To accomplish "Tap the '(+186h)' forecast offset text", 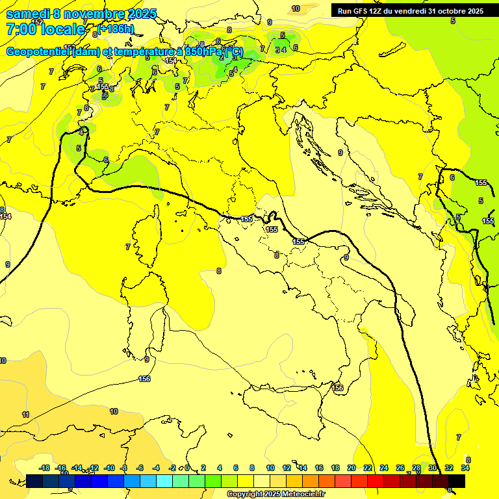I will pyautogui.click(x=116, y=29).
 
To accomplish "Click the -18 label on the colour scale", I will pyautogui.click(x=44, y=468).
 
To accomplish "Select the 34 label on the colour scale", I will pyautogui.click(x=465, y=468).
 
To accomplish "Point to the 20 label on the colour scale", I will pyautogui.click(x=352, y=468).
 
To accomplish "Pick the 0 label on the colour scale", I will pyautogui.click(x=187, y=468).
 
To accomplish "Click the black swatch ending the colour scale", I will pyautogui.click(x=457, y=481).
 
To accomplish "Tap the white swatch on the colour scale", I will pyautogui.click(x=262, y=481).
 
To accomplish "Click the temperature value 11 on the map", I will pyautogui.click(x=25, y=415).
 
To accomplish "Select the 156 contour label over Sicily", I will pyautogui.click(x=337, y=388).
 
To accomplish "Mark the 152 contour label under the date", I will pyautogui.click(x=37, y=22).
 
